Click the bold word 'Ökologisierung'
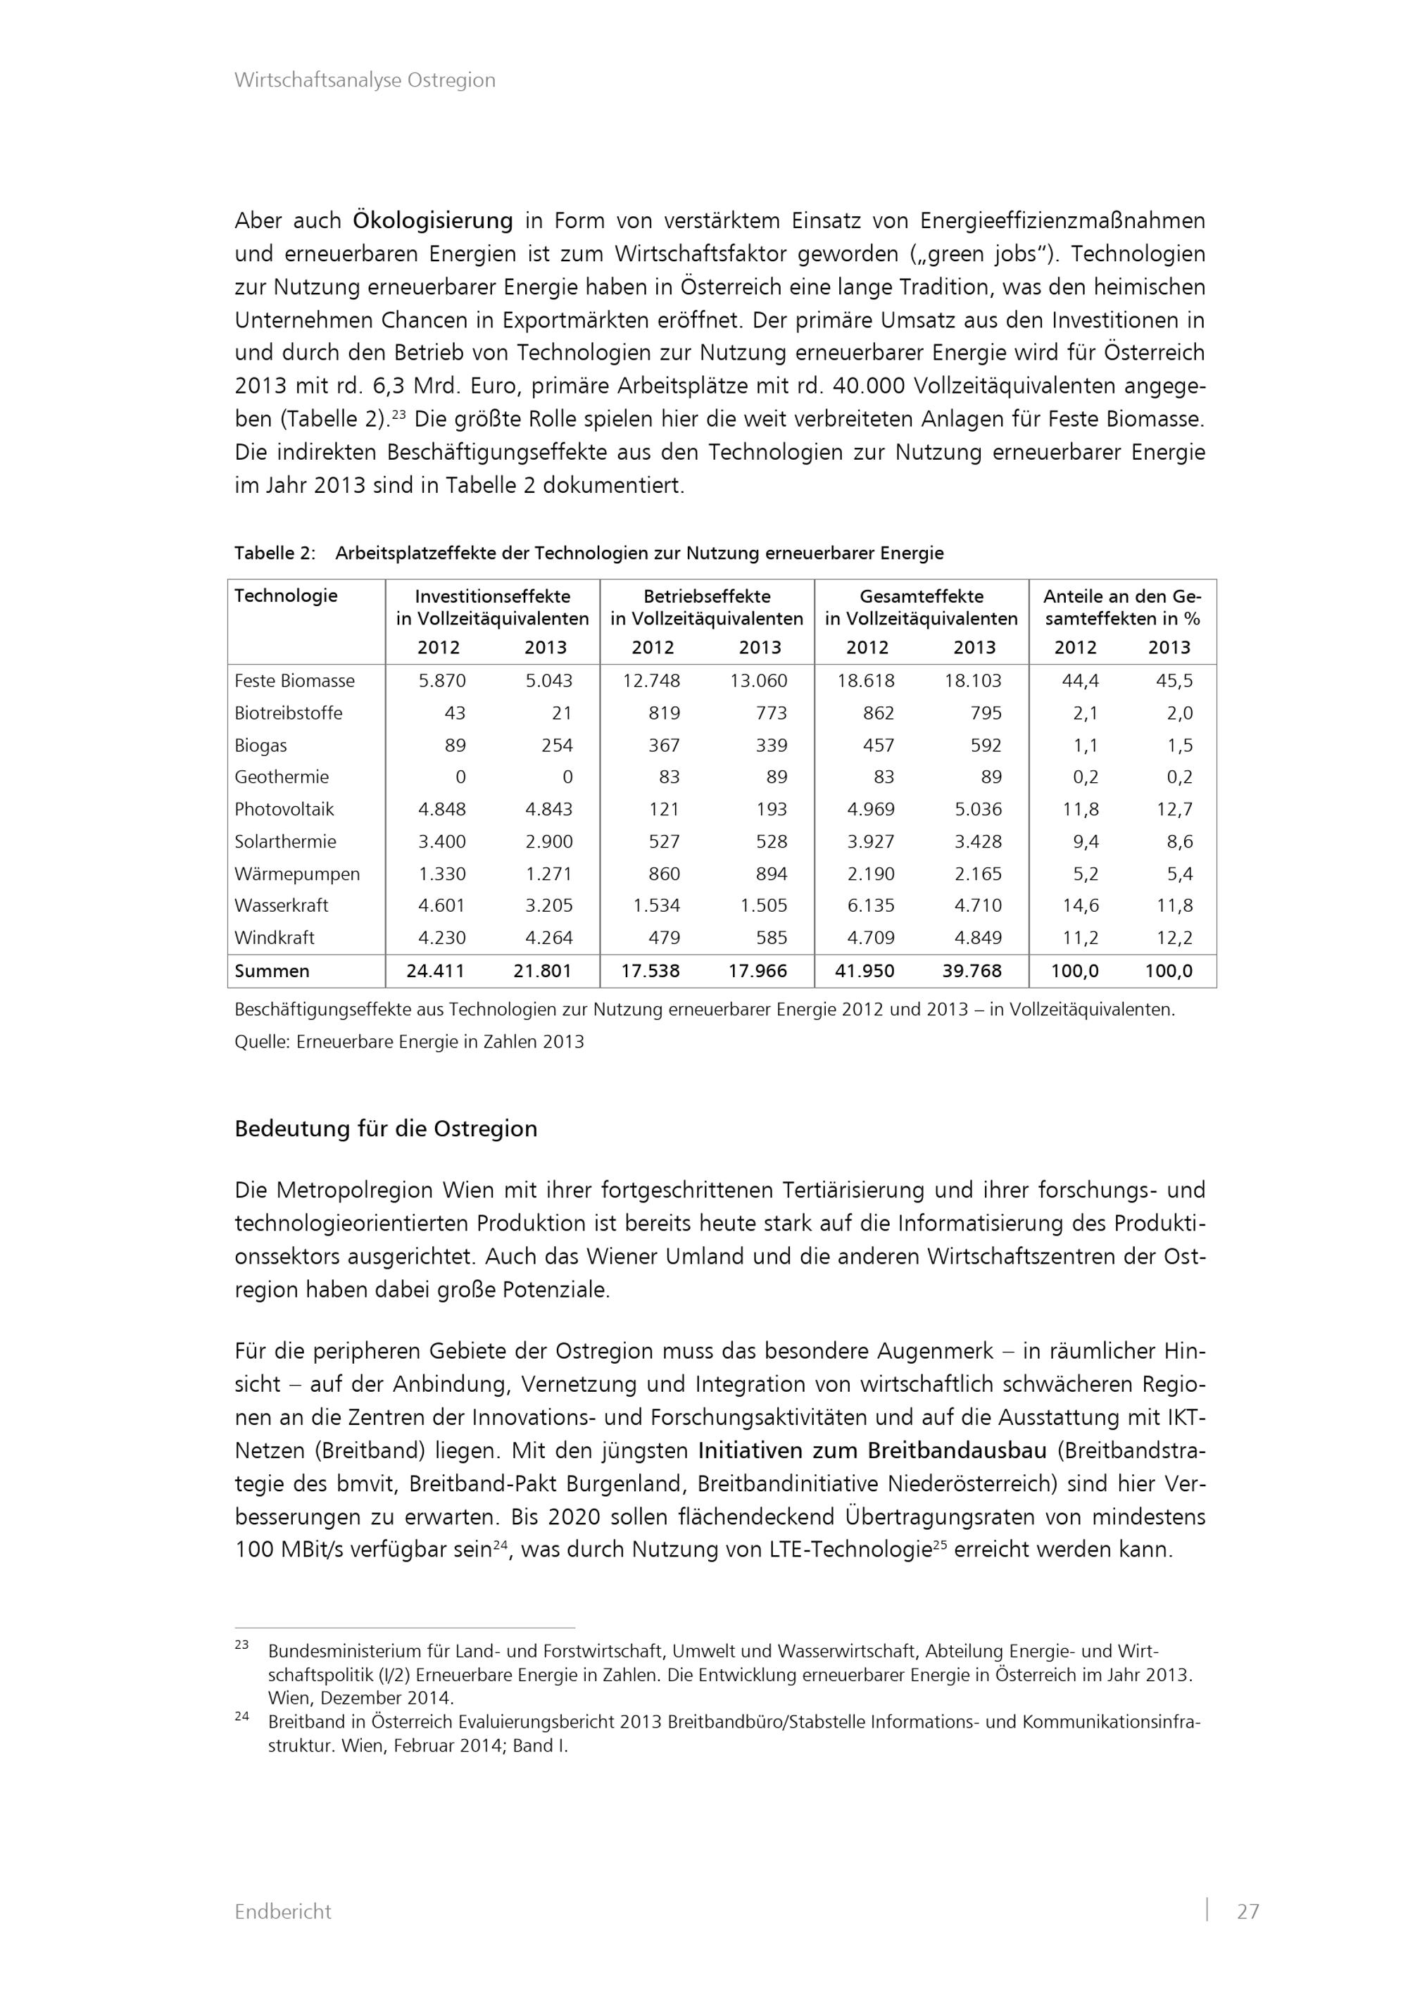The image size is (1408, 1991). tap(433, 221)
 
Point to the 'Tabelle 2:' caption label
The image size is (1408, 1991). tap(275, 553)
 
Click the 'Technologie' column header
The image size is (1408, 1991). tap(286, 596)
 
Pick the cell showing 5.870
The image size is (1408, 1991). tap(442, 681)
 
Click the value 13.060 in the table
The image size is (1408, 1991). tap(759, 681)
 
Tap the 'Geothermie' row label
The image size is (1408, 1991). tap(282, 777)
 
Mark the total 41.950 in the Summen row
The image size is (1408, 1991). tap(865, 972)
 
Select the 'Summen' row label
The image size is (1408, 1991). tap(272, 972)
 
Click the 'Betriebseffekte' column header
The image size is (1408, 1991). tap(707, 596)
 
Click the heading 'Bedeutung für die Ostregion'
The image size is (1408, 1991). tap(386, 1129)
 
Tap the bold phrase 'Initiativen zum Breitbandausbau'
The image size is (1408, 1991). tap(872, 1451)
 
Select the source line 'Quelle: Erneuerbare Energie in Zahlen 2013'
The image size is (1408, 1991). tap(409, 1043)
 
